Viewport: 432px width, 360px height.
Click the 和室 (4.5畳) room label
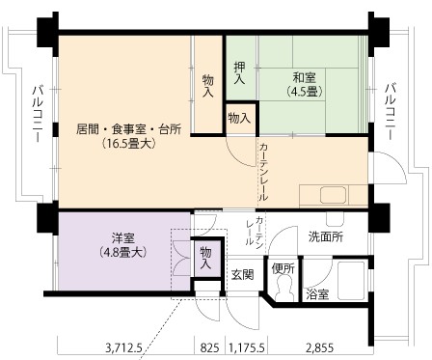pyautogui.click(x=304, y=85)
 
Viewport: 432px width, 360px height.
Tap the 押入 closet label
pyautogui.click(x=239, y=73)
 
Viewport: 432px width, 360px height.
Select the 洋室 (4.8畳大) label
pyautogui.click(x=123, y=245)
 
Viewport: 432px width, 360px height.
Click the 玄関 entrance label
pyautogui.click(x=243, y=274)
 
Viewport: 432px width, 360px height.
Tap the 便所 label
pyautogui.click(x=283, y=268)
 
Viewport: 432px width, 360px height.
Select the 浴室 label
pyautogui.click(x=317, y=294)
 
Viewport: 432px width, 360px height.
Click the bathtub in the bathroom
pyautogui.click(x=350, y=280)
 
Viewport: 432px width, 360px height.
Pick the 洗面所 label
pyautogui.click(x=326, y=236)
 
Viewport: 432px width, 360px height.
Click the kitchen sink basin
pyautogui.click(x=333, y=195)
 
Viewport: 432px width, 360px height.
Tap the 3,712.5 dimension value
pyautogui.click(x=123, y=347)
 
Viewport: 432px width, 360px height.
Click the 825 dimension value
pyautogui.click(x=209, y=347)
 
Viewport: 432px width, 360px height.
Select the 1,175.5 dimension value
pyautogui.click(x=246, y=347)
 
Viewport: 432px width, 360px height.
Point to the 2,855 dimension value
pyautogui.click(x=320, y=347)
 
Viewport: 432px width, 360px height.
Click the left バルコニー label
pyautogui.click(x=38, y=113)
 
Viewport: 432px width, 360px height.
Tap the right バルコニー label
pyautogui.click(x=391, y=111)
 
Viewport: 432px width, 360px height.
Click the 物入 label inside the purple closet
pyautogui.click(x=205, y=258)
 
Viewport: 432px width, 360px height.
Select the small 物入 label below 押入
pyautogui.click(x=239, y=119)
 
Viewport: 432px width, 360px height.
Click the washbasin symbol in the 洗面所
pyautogui.click(x=335, y=219)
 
